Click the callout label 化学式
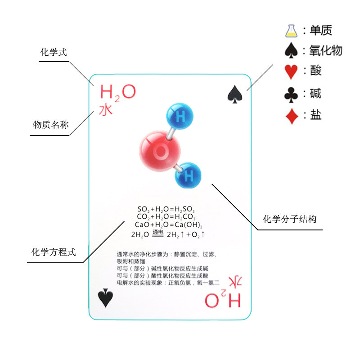pyautogui.click(x=54, y=53)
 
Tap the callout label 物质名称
pyautogui.click(x=51, y=125)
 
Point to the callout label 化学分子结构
pyautogui.click(x=290, y=220)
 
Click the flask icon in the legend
pyautogui.click(x=291, y=31)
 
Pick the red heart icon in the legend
pyautogui.click(x=292, y=72)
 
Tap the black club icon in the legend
pyautogui.click(x=291, y=94)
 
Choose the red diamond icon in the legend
pyautogui.click(x=292, y=116)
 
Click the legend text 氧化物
pyautogui.click(x=325, y=50)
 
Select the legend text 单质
pyautogui.click(x=320, y=31)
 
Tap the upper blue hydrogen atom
pyautogui.click(x=180, y=117)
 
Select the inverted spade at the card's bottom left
pyautogui.click(x=105, y=298)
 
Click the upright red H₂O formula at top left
pyautogui.click(x=117, y=93)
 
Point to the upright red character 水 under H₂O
pyautogui.click(x=106, y=109)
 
